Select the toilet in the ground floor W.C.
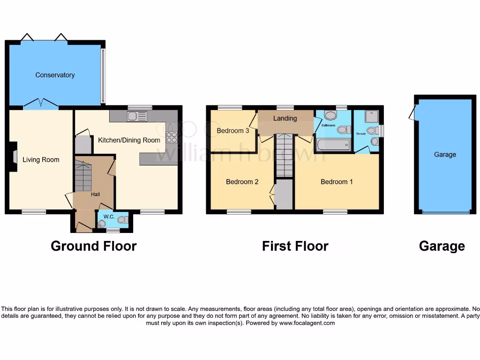[x=122, y=219]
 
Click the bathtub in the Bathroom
[x=333, y=144]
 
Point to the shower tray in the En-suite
[x=370, y=115]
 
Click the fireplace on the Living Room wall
[x=14, y=155]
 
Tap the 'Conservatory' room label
[x=55, y=75]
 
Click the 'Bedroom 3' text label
[x=233, y=131]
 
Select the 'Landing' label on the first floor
[x=285, y=118]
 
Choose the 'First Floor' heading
[x=295, y=246]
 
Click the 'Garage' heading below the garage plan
[x=442, y=246]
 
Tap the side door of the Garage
[x=412, y=112]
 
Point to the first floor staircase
[x=284, y=155]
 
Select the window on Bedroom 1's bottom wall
[x=335, y=212]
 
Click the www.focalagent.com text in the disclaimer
[x=307, y=323]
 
